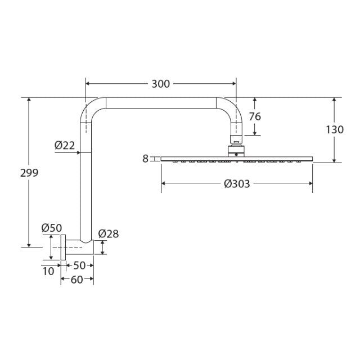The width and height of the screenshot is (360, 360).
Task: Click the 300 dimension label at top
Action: point(160,84)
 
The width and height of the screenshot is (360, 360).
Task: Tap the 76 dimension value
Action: point(255,116)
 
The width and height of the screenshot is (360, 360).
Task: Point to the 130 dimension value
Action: point(335,129)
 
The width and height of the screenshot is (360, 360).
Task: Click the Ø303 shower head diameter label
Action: point(237,183)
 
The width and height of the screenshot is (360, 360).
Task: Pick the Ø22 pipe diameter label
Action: point(65,145)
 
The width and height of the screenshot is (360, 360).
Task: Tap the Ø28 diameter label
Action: point(109,233)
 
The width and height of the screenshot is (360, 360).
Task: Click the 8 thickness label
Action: point(145,159)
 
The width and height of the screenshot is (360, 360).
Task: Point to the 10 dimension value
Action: point(48,271)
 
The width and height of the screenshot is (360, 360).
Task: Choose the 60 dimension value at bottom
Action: point(77,280)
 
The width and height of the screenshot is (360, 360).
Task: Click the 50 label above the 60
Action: point(79,265)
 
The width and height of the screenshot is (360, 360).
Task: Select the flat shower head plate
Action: point(237,159)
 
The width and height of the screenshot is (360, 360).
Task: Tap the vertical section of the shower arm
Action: point(85,186)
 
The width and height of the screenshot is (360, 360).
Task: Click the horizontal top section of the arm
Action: point(160,103)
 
